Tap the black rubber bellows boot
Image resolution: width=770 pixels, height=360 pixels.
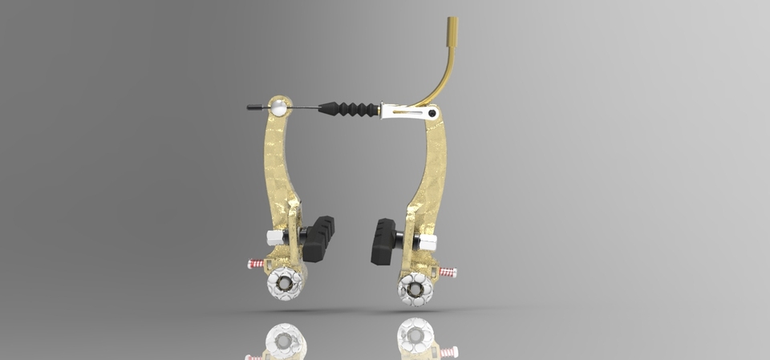pyautogui.click(x=348, y=108)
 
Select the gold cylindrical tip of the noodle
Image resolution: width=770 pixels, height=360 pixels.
pyautogui.click(x=452, y=26)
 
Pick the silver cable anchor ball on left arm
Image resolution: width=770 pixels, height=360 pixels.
pyautogui.click(x=278, y=105)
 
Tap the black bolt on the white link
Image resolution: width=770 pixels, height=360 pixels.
pyautogui.click(x=432, y=113)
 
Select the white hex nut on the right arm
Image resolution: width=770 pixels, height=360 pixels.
pyautogui.click(x=428, y=241)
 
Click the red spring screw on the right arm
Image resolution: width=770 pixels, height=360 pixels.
pyautogui.click(x=448, y=273)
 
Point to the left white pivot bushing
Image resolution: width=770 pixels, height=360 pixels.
pyautogui.click(x=285, y=281)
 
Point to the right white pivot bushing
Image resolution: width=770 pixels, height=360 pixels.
pyautogui.click(x=415, y=287)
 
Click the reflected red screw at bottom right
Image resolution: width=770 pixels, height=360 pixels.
pyautogui.click(x=448, y=351)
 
